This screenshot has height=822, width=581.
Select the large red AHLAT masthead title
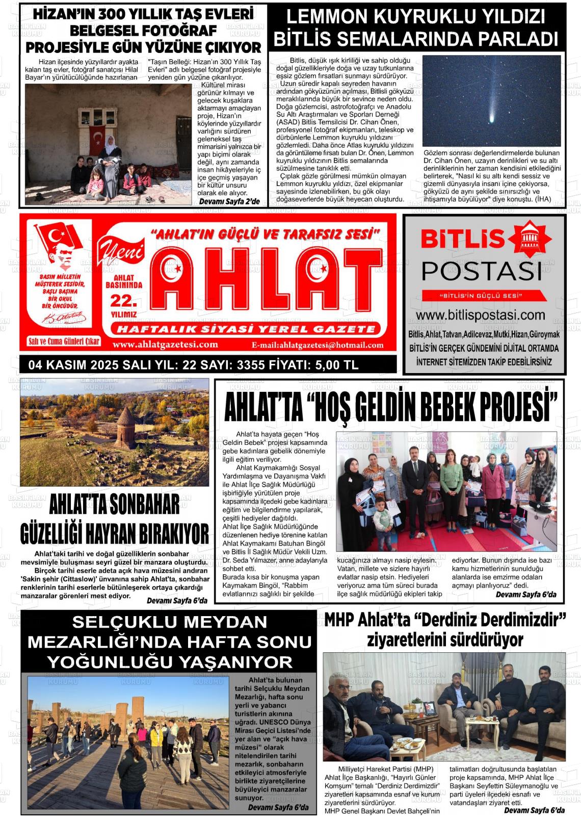coord(265,281)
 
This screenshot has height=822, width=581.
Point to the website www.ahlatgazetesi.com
coord(165,345)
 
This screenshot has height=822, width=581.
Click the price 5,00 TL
coord(337,365)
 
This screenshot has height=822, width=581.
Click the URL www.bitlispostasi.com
coord(481,315)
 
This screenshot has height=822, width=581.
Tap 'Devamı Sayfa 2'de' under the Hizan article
coord(229,201)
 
